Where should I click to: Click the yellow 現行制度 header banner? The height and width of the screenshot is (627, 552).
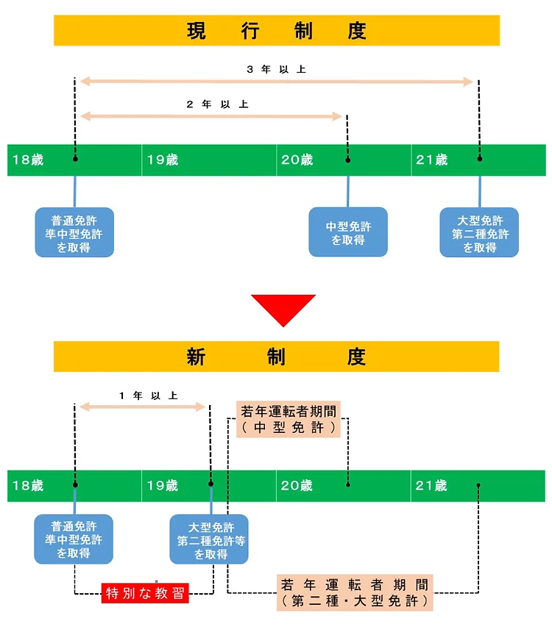[277, 31]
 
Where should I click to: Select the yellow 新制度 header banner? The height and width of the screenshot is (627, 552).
[277, 357]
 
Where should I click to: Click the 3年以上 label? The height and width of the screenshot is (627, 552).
[276, 69]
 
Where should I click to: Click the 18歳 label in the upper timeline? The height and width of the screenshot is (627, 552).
[28, 160]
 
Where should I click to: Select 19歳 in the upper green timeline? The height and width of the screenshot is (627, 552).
[163, 160]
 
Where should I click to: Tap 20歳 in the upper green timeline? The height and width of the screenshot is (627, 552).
[297, 160]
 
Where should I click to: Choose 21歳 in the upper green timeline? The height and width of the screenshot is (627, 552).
[431, 160]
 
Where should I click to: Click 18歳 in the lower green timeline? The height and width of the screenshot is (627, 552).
[28, 486]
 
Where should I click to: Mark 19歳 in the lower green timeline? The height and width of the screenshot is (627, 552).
[163, 486]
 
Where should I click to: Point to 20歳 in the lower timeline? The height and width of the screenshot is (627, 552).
[297, 486]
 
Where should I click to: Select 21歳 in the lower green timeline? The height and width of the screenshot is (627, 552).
[431, 486]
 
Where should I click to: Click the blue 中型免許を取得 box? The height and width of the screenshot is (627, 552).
[347, 232]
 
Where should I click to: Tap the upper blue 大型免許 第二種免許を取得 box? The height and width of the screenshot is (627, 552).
[479, 233]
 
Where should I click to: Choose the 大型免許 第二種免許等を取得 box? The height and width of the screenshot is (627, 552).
[210, 540]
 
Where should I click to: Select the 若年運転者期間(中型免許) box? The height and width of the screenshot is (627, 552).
[288, 420]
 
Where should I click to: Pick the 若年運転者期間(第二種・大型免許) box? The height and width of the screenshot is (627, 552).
[354, 593]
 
